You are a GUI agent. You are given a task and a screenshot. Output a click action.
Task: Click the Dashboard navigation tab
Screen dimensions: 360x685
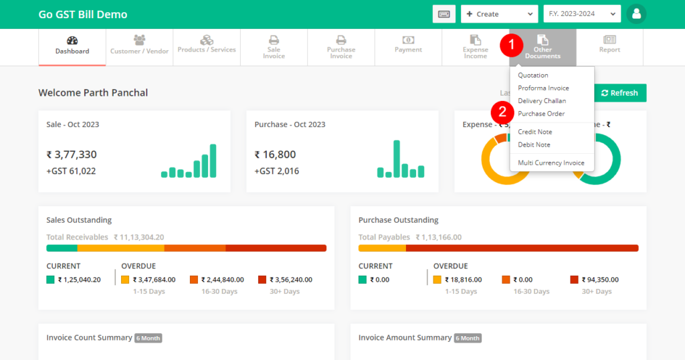click(72, 46)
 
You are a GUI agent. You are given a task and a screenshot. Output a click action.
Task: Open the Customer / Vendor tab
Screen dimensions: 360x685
click(139, 46)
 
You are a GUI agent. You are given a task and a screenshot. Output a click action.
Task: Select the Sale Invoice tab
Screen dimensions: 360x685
click(274, 47)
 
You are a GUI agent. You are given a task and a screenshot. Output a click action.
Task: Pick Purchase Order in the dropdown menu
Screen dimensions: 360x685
click(541, 114)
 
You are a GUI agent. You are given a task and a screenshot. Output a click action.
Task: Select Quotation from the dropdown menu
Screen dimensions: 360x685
click(533, 76)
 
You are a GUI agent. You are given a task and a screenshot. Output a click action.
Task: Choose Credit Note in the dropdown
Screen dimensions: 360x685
click(535, 132)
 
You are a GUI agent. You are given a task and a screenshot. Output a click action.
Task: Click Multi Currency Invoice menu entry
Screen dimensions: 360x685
click(551, 163)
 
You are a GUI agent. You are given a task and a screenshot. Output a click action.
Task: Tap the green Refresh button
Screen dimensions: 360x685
click(619, 93)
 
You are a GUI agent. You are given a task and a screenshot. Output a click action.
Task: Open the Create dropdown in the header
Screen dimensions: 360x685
click(499, 14)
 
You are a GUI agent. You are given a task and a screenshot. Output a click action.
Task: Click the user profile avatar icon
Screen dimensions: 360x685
click(636, 14)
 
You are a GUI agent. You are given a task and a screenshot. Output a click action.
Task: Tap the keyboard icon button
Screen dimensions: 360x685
click(444, 14)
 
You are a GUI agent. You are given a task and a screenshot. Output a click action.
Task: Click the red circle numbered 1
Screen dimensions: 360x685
click(511, 46)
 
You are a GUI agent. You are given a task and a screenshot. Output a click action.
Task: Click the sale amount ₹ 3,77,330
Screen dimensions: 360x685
click(72, 155)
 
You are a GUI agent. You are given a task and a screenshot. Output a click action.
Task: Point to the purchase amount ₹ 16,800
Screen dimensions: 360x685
click(275, 155)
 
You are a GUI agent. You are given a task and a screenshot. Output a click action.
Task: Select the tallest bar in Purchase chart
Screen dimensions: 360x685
click(397, 159)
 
